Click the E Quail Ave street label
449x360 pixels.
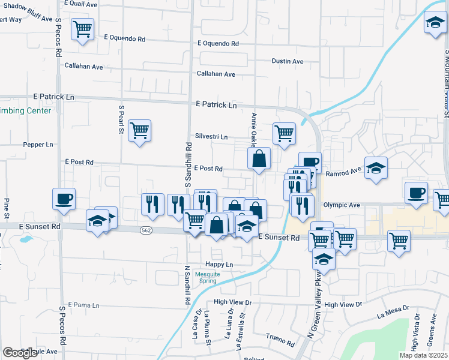point(82,4)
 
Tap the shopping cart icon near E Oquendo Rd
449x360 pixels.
point(82,28)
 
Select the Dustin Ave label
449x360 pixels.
point(288,61)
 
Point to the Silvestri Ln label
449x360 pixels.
point(211,136)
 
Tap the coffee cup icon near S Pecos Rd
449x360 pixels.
point(63,199)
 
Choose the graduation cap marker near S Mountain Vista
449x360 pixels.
point(435,24)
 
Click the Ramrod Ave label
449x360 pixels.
point(344,172)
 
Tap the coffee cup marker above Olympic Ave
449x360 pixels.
point(416,193)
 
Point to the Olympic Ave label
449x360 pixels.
point(342,205)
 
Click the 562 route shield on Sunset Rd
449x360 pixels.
point(146,230)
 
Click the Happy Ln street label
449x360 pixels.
point(219,264)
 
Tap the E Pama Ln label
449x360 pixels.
point(83,305)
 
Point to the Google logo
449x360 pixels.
point(20,353)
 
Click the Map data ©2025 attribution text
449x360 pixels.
point(423,355)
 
